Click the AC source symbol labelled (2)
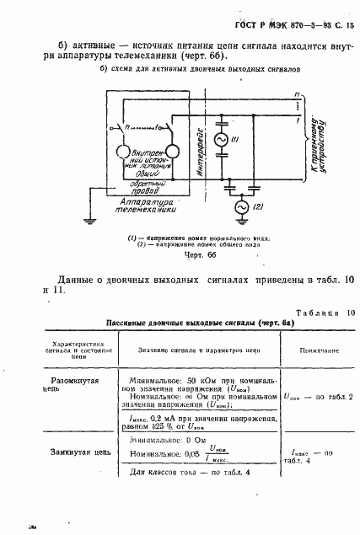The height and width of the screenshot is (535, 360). (239, 206)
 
